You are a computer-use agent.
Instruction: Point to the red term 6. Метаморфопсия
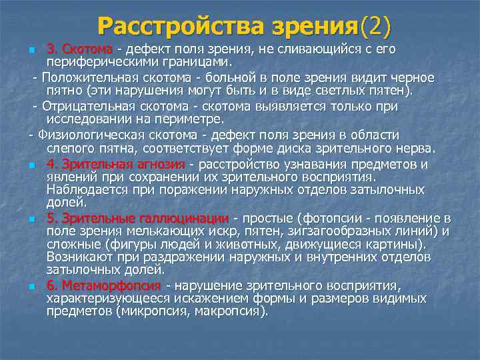click(104, 286)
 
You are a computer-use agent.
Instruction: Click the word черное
click(413, 77)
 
